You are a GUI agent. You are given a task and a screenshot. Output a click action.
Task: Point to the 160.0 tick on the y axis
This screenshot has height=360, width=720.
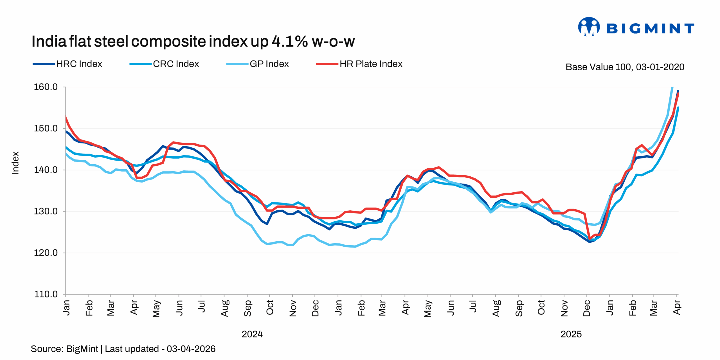click(x=46, y=87)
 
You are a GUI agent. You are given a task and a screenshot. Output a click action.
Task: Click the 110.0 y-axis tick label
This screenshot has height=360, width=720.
click(x=46, y=294)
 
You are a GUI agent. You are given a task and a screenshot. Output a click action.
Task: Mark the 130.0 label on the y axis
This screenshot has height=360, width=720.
click(x=46, y=211)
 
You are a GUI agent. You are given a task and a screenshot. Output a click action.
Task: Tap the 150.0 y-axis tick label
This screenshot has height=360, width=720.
click(x=46, y=129)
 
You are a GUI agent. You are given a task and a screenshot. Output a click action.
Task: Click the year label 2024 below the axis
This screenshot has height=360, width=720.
click(x=252, y=334)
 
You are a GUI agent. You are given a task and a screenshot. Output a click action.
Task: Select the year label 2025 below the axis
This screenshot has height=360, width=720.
click(x=571, y=334)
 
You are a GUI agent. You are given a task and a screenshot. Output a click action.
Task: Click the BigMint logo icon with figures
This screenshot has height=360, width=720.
click(x=589, y=27)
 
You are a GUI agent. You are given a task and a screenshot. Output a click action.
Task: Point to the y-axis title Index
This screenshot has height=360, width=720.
click(x=15, y=163)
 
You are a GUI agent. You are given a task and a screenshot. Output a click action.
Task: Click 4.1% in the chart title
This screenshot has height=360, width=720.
click(x=289, y=42)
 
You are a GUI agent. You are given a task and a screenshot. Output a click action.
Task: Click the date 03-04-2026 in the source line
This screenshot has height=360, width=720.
click(x=191, y=349)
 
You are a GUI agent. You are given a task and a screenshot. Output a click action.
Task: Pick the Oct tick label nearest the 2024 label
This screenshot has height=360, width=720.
click(x=270, y=307)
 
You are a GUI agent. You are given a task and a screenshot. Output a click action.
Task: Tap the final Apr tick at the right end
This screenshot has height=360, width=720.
click(x=676, y=307)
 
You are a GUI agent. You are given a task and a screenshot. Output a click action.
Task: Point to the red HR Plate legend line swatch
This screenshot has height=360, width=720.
click(x=327, y=64)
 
